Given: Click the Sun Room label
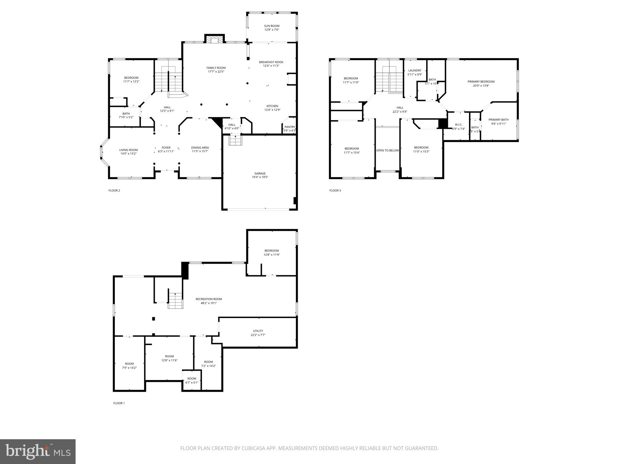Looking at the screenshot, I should pyautogui.click(x=271, y=26).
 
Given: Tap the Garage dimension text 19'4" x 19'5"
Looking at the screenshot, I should pyautogui.click(x=260, y=177).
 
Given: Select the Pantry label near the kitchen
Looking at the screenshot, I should pyautogui.click(x=290, y=127).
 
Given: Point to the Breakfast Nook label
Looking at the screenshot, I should pyautogui.click(x=271, y=62).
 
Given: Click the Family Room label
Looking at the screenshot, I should pyautogui.click(x=216, y=68).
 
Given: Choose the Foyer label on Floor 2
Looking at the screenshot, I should pyautogui.click(x=166, y=148).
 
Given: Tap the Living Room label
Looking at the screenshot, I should pyautogui.click(x=128, y=150).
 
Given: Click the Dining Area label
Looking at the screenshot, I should pyautogui.click(x=200, y=148).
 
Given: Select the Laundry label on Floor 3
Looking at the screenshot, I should pyautogui.click(x=415, y=70).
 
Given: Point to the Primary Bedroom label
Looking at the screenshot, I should pyautogui.click(x=481, y=82).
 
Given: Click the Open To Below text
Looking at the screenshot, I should pyautogui.click(x=387, y=150).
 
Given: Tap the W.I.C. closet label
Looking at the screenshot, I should pyautogui.click(x=459, y=124).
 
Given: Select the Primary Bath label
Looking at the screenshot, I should pyautogui.click(x=498, y=120).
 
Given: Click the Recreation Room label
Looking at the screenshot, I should pyautogui.click(x=209, y=299).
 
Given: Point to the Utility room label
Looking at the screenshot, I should pyautogui.click(x=258, y=331).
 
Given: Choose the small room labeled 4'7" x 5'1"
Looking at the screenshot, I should pyautogui.click(x=192, y=381).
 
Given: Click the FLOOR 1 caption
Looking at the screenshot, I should pyautogui.click(x=119, y=403).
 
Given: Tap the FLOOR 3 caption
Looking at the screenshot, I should pyautogui.click(x=335, y=190).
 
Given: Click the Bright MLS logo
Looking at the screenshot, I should pyautogui.click(x=38, y=451).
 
